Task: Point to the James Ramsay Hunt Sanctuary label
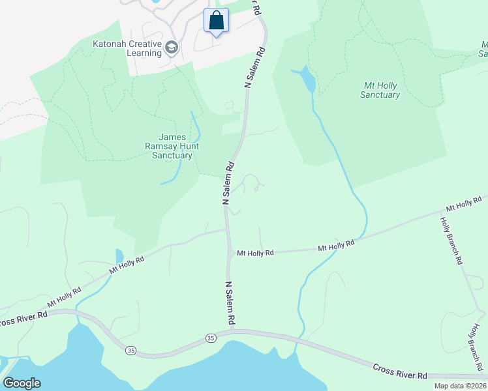[x=172, y=147]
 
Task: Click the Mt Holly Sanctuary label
[x=380, y=90]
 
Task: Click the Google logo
[x=22, y=383]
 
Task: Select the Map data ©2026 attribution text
[x=459, y=386]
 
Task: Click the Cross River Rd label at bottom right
[x=399, y=371]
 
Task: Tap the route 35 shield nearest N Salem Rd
[x=210, y=338]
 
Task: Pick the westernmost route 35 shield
[x=131, y=351]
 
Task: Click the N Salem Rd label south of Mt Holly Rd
[x=230, y=303]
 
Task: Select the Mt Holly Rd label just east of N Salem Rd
[x=255, y=253]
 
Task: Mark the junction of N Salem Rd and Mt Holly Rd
[x=229, y=252]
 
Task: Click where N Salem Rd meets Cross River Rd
[x=232, y=331]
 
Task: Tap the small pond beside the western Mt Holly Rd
[x=119, y=255]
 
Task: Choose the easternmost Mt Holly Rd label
[x=463, y=203]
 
